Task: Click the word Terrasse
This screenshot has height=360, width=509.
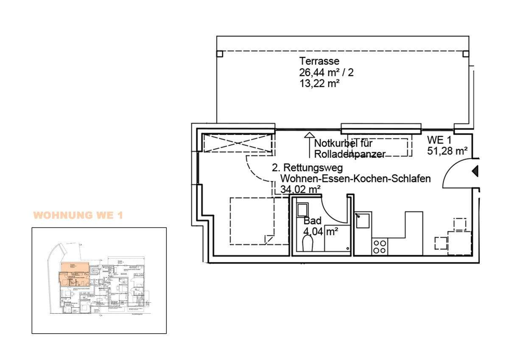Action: pyautogui.click(x=319, y=61)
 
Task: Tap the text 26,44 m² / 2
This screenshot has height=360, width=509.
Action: pyautogui.click(x=326, y=72)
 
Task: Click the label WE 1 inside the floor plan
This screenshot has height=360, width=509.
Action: pyautogui.click(x=440, y=140)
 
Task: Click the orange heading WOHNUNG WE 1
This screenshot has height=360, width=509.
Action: pyautogui.click(x=78, y=215)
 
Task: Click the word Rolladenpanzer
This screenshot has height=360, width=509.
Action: pyautogui.click(x=350, y=154)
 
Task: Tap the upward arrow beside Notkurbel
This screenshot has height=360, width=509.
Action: pyautogui.click(x=308, y=144)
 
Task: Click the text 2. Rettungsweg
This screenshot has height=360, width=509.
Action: pyautogui.click(x=307, y=168)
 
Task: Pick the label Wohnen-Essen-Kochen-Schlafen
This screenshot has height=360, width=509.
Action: pyautogui.click(x=355, y=179)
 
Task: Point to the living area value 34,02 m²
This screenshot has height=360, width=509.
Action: pyautogui.click(x=300, y=190)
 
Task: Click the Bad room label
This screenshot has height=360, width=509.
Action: pyautogui.click(x=313, y=221)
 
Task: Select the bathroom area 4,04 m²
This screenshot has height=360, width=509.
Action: pyautogui.click(x=320, y=232)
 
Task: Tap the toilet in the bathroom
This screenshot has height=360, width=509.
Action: pyautogui.click(x=307, y=245)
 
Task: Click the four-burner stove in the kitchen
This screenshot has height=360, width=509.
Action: pyautogui.click(x=379, y=247)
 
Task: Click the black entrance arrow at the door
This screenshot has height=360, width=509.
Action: pyautogui.click(x=475, y=171)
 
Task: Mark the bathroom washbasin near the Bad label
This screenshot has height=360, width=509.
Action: pyautogui.click(x=302, y=210)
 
